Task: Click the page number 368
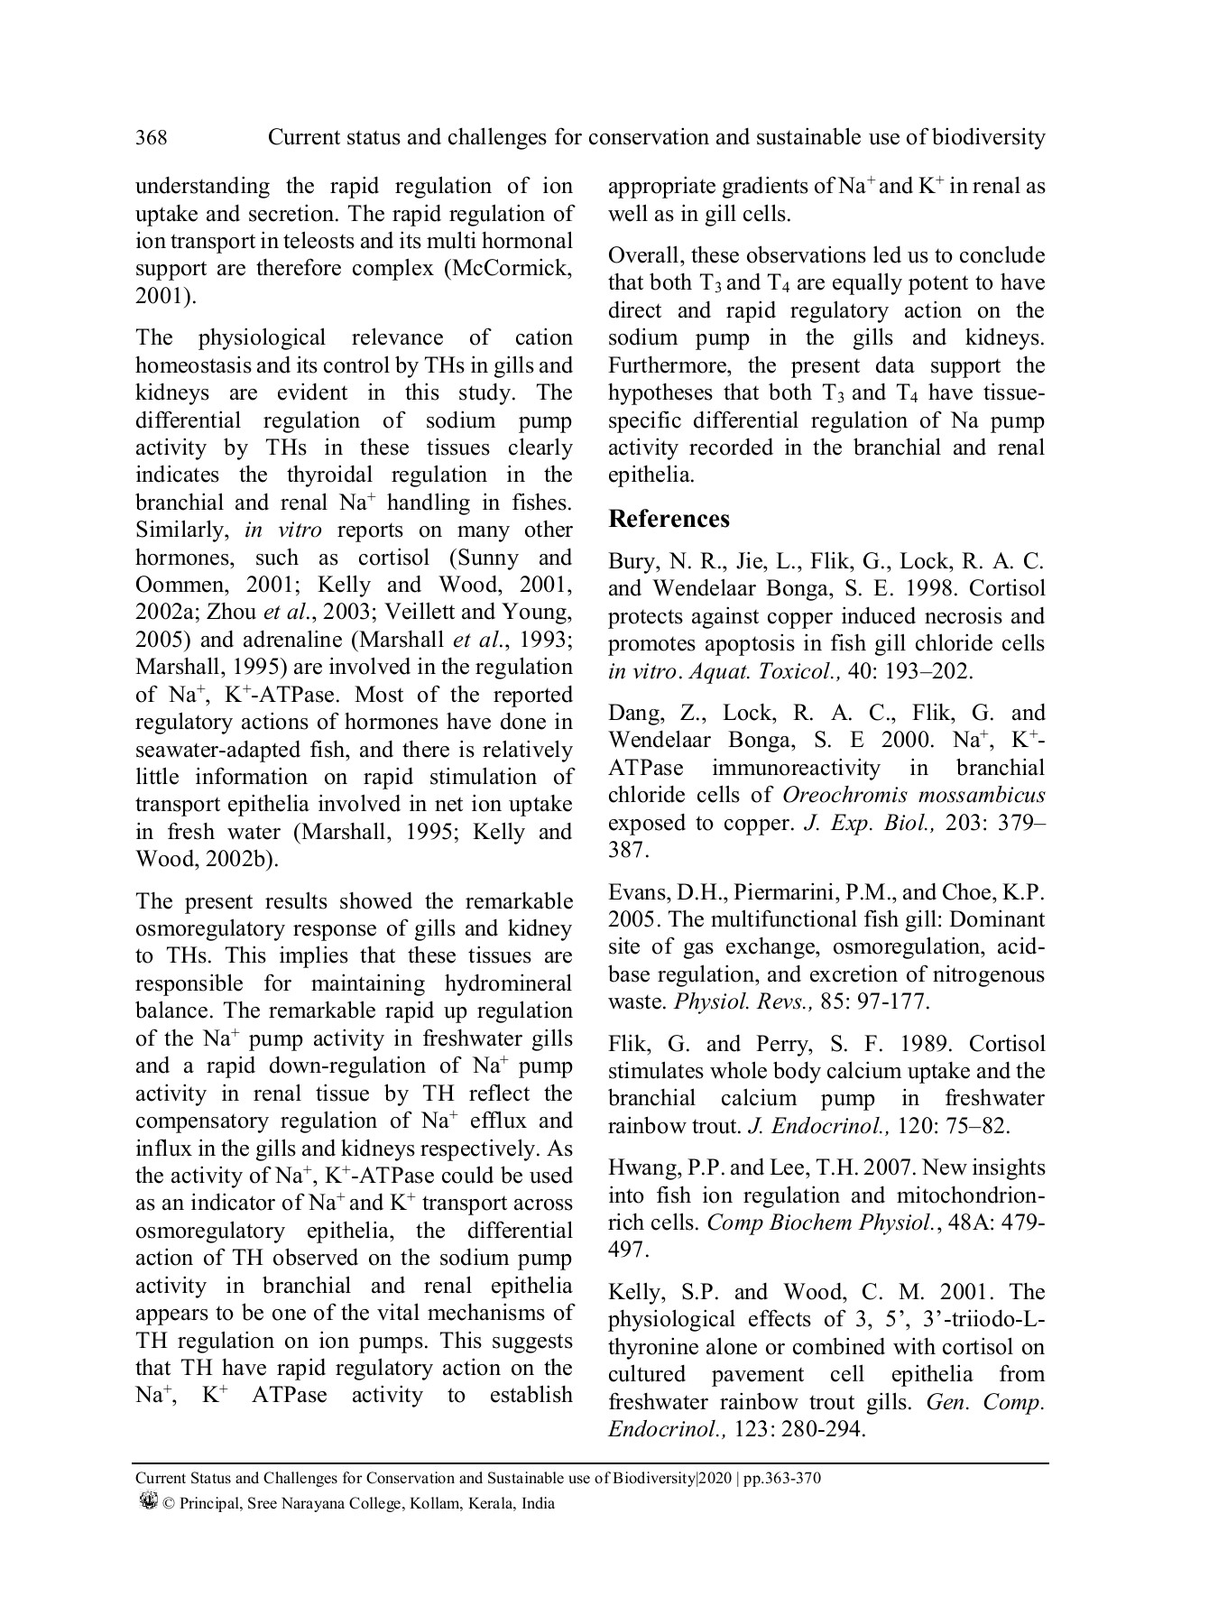pyautogui.click(x=151, y=138)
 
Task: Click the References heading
pyautogui.click(x=669, y=519)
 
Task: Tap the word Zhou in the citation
pyautogui.click(x=232, y=613)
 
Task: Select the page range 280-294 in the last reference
pyautogui.click(x=825, y=1430)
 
